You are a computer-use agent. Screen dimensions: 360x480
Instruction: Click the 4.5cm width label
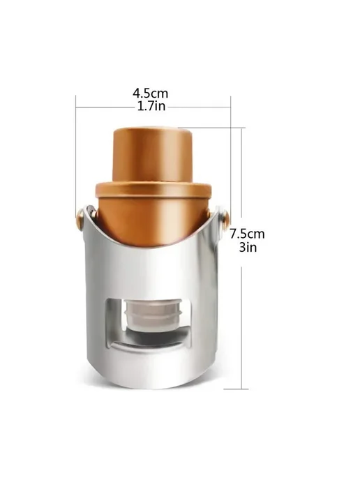[x=150, y=93]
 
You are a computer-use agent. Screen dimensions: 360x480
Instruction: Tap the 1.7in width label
[x=151, y=106]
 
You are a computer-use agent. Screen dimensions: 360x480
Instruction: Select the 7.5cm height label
[x=248, y=234]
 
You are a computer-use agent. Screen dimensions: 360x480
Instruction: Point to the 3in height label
[x=248, y=247]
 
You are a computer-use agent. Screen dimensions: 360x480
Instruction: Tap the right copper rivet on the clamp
[x=225, y=218]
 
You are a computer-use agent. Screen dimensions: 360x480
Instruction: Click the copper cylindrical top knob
[x=152, y=156]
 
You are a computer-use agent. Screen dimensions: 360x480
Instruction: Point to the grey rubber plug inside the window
[x=153, y=315]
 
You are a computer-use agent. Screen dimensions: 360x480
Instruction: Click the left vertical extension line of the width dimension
[x=75, y=153]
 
